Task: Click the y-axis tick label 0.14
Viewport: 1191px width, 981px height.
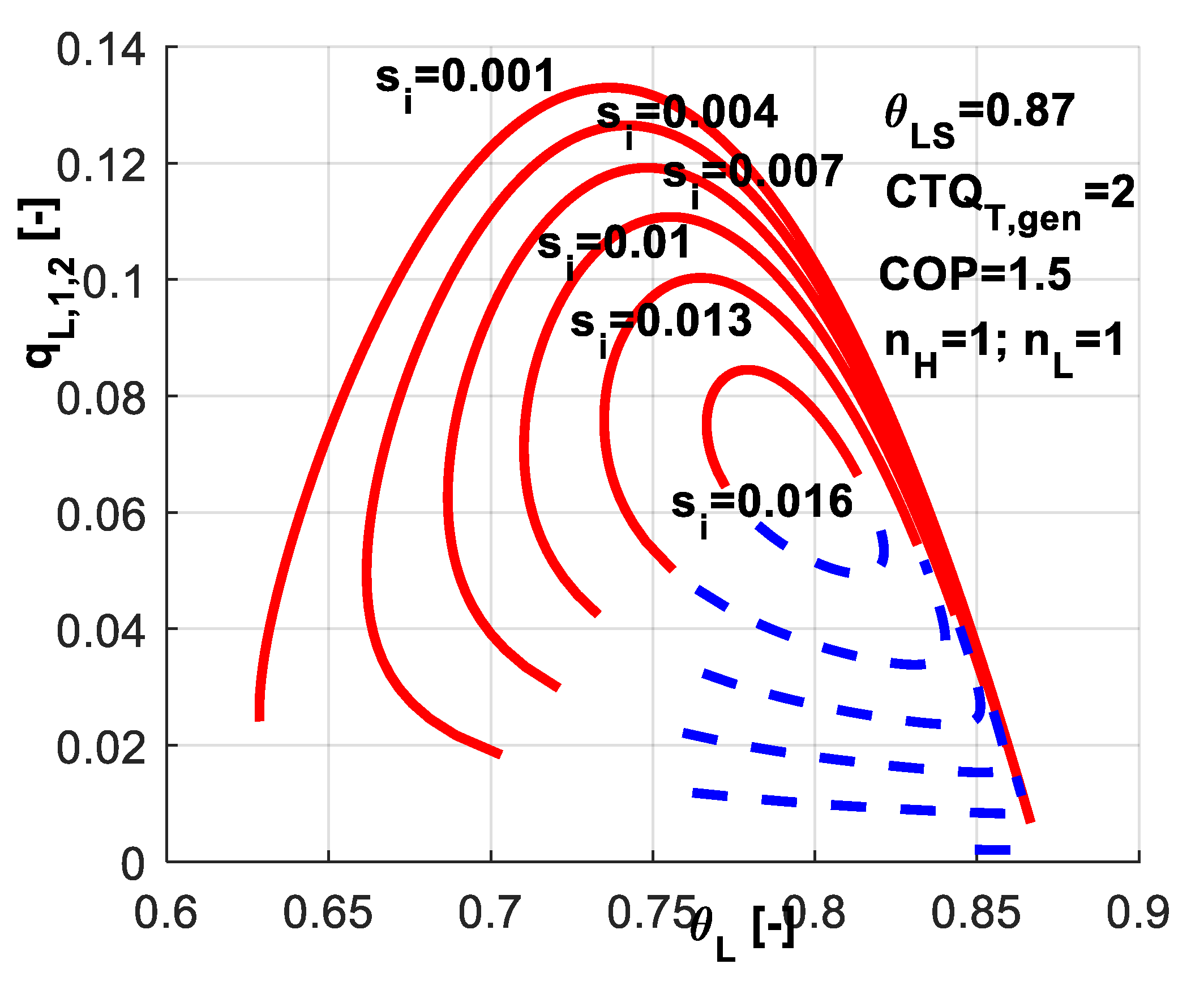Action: [x=101, y=50]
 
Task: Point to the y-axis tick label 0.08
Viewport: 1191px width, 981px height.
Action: [x=101, y=399]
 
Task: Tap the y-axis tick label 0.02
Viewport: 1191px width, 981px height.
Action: [x=101, y=748]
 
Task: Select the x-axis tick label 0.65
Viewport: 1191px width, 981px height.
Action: [x=328, y=913]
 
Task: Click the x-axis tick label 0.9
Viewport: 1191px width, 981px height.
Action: [x=1138, y=913]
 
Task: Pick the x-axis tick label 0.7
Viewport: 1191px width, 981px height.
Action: [x=490, y=913]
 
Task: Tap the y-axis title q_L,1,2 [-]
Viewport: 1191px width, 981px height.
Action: [x=48, y=283]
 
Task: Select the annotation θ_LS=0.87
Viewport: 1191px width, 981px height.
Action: [x=979, y=116]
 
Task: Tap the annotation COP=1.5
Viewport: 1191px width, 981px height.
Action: [x=975, y=274]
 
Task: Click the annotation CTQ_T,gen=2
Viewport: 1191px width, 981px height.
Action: [x=1010, y=198]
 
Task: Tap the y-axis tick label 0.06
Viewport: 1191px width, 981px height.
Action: [x=101, y=515]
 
